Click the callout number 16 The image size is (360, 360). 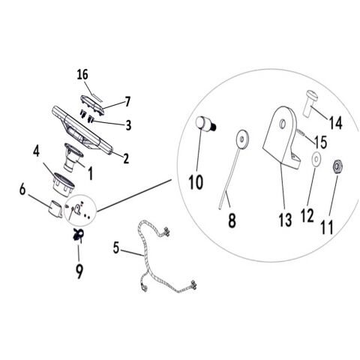[82, 74]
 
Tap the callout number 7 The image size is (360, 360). [127, 102]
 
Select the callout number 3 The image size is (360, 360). [128, 125]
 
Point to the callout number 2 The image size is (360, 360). [126, 158]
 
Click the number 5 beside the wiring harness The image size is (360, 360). [116, 247]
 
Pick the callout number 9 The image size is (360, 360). [79, 271]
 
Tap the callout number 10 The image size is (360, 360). [196, 181]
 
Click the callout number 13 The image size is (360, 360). [285, 220]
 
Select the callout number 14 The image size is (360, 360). [336, 123]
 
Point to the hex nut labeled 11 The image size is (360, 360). [337, 166]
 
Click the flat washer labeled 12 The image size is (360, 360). [316, 159]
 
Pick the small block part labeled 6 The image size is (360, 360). [55, 208]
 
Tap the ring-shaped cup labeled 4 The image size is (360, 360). [64, 184]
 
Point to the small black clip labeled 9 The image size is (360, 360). [78, 235]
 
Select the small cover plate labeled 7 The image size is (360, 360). [92, 105]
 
